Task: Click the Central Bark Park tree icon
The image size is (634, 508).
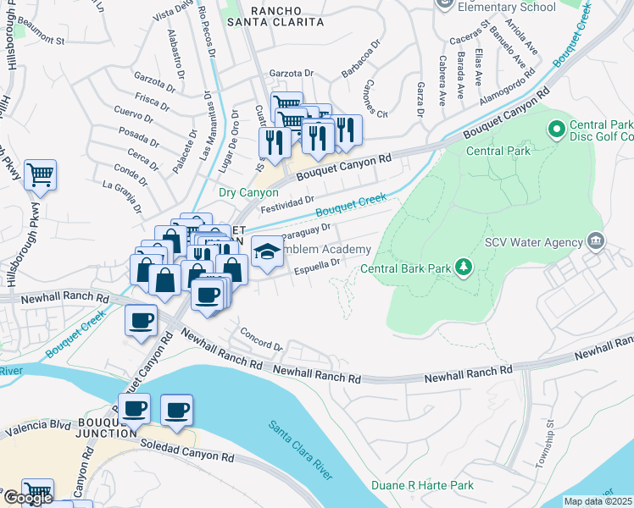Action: tap(463, 268)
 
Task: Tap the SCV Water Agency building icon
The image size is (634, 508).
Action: tap(595, 241)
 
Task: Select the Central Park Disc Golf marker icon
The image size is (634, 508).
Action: tap(557, 130)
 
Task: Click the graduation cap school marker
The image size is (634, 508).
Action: tap(267, 251)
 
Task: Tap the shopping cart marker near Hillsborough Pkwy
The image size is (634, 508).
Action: tap(40, 175)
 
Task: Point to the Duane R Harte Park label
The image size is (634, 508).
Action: tap(422, 486)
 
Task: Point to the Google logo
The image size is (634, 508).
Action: tap(28, 498)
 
